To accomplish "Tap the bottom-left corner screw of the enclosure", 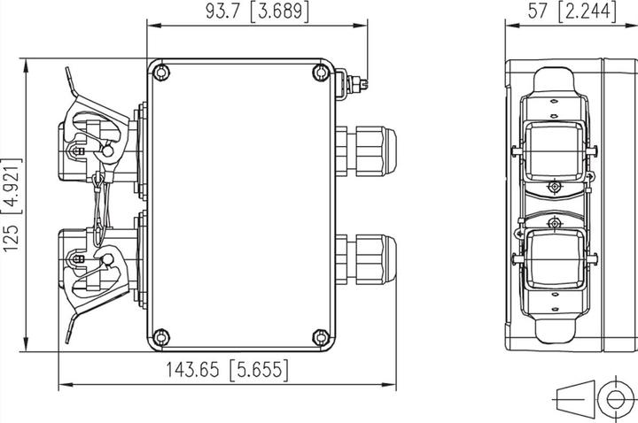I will [160, 336].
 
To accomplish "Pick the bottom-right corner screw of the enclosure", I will [320, 336].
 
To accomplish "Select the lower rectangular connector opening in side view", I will [554, 259].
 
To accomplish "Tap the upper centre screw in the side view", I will [554, 188].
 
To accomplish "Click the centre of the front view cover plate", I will [240, 204].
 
